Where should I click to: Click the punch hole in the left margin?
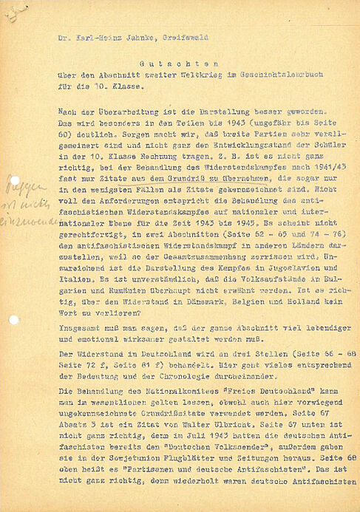(x=13, y=320)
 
